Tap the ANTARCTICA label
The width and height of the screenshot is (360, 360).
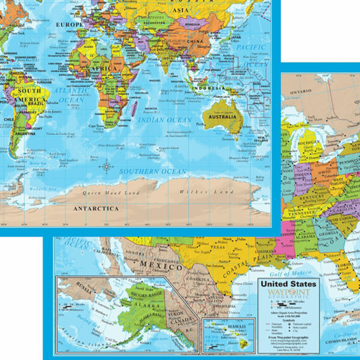tap(96, 208)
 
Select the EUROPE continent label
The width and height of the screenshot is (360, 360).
tap(69, 24)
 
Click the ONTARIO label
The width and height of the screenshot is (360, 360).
tap(296, 91)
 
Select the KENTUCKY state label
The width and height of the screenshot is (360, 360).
tap(312, 196)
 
